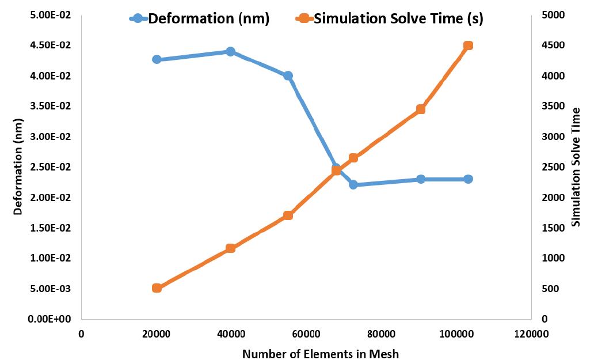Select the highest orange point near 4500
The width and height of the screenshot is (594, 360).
point(468,46)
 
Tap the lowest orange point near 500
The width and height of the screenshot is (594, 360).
point(157,288)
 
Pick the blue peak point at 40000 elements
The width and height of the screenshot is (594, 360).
point(230,52)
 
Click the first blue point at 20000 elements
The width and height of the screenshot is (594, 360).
point(157,59)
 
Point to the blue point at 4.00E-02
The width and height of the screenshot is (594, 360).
point(288,75)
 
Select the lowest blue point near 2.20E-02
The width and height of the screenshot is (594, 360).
point(353,185)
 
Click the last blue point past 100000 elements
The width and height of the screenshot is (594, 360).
point(468,179)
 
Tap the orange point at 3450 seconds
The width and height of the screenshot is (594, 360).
point(421,109)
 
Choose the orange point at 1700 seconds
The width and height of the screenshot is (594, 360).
point(288,215)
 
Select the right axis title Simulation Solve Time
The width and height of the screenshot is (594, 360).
point(576,166)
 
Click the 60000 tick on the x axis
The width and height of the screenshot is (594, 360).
point(306,334)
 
